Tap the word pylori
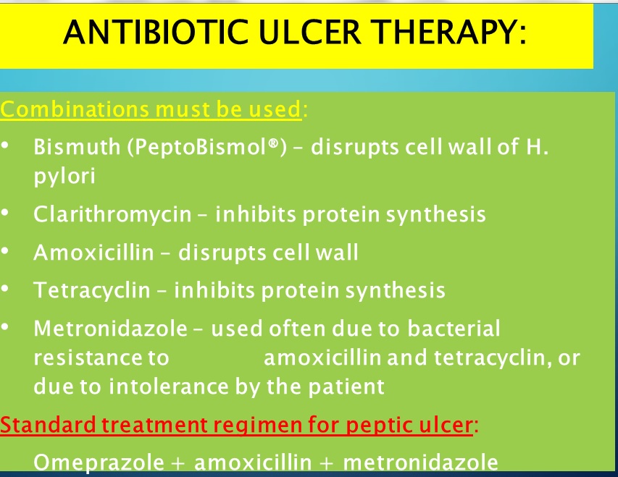tap(64, 176)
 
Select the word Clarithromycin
tap(112, 214)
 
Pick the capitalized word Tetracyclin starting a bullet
tap(91, 290)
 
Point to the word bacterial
tap(454, 329)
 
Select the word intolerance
tap(168, 387)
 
